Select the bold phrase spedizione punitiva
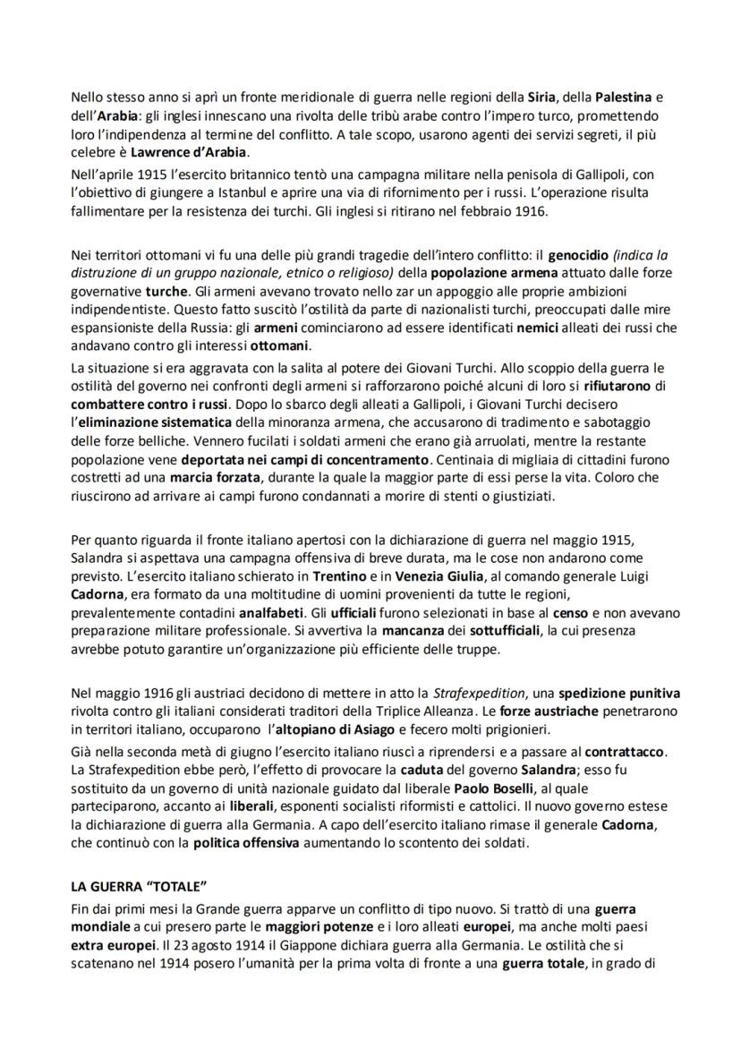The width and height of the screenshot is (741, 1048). pyautogui.click(x=620, y=693)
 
